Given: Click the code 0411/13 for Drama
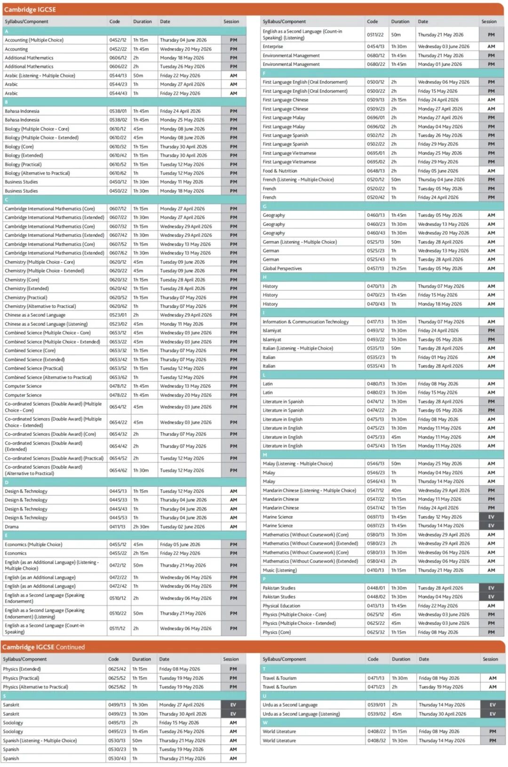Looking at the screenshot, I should click(118, 526).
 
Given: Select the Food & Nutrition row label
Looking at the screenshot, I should click(280, 171).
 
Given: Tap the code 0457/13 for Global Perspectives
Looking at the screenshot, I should click(375, 268).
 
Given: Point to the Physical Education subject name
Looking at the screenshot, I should click(281, 606).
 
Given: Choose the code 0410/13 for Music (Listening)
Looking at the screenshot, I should click(375, 570).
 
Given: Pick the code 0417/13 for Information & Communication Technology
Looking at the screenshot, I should click(375, 322).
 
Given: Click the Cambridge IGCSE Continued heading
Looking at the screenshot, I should click(44, 647).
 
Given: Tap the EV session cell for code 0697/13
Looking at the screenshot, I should click(491, 517).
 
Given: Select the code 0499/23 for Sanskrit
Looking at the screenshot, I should click(117, 714).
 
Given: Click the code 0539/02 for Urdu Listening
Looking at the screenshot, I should click(376, 714).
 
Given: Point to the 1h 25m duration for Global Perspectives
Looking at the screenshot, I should click(399, 268).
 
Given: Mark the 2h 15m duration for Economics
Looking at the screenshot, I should click(141, 553).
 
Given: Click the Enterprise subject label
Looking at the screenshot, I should click(273, 47).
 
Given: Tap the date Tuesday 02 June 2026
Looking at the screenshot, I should click(182, 526).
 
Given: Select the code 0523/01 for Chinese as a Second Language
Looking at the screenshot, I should click(118, 315).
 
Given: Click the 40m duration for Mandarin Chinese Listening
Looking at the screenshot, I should click(396, 490).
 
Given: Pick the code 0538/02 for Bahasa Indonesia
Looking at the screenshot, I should click(118, 120).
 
